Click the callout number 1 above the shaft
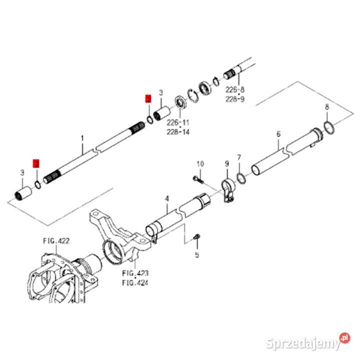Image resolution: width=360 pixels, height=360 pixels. click(x=83, y=137)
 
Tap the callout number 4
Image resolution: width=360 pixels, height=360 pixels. click(x=167, y=199)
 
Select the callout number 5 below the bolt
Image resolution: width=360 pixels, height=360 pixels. click(x=197, y=255)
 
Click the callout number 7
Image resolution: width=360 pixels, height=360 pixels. click(x=239, y=157)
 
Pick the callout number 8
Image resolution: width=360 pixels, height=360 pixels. click(x=327, y=107)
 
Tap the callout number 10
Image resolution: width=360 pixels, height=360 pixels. click(x=200, y=164)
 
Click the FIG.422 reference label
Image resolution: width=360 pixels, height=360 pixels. click(x=56, y=240)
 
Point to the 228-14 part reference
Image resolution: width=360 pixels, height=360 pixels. click(x=178, y=132)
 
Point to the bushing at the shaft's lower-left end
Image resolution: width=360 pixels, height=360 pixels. click(x=22, y=192)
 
